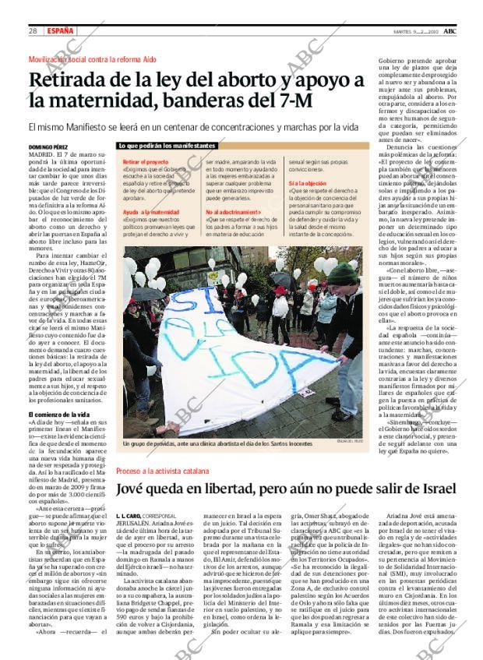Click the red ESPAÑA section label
61,30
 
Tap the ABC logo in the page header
461,30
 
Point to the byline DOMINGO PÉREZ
48,146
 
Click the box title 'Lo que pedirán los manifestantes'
167,146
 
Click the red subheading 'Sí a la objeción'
307,182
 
